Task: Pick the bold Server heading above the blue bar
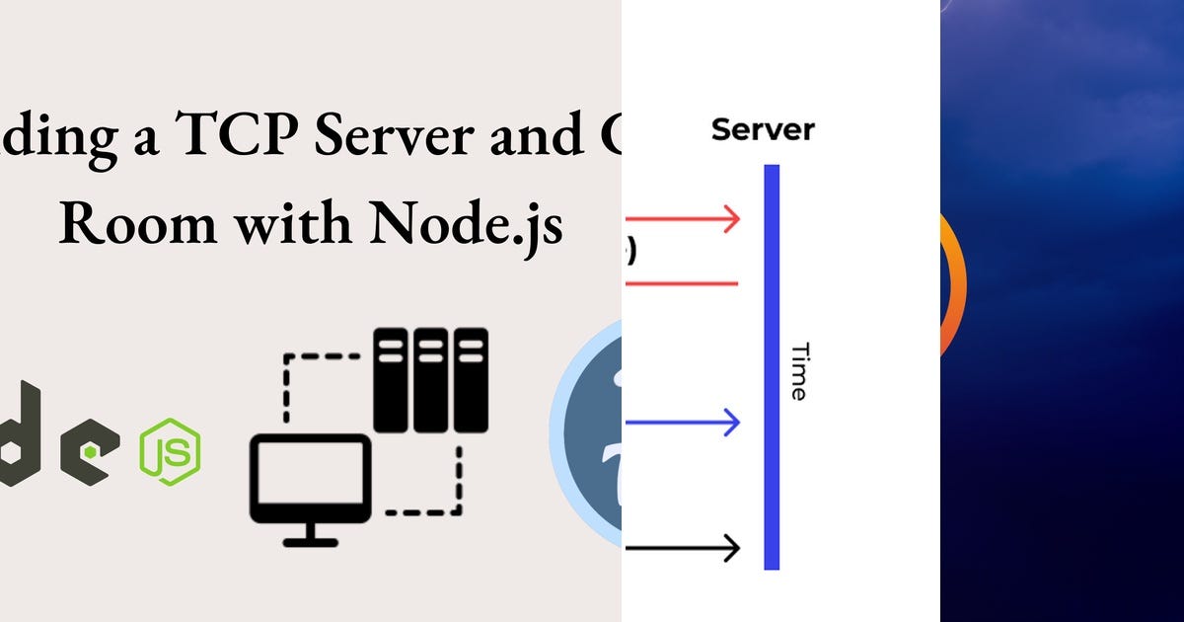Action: [763, 128]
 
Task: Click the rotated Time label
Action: [799, 371]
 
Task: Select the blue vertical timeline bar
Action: [772, 366]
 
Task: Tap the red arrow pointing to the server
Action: [682, 219]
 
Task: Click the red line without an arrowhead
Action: [681, 284]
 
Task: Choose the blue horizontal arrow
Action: [682, 423]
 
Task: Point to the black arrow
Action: [682, 547]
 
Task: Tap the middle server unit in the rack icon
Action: [430, 380]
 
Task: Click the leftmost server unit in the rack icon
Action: [391, 380]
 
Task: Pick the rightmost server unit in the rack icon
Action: [471, 380]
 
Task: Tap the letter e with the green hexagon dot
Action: [90, 450]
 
